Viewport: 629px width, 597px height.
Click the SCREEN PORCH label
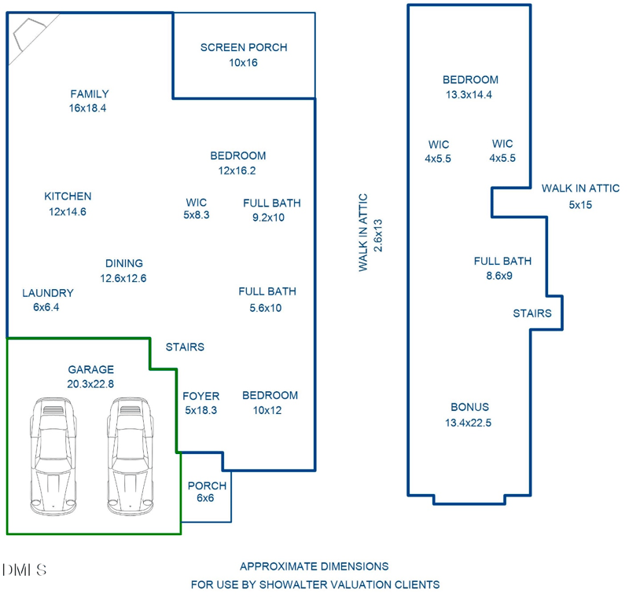244,48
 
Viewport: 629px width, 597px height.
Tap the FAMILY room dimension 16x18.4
87,108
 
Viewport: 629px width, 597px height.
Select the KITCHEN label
68,196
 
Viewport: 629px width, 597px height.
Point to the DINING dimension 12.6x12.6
123,278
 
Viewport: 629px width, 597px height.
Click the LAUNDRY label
48,293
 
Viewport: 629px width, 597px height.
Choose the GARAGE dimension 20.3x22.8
90,384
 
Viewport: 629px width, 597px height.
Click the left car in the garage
53,456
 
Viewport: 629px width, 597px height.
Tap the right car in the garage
131,456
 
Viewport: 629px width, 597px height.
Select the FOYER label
201,396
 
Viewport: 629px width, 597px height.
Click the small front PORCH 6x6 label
207,492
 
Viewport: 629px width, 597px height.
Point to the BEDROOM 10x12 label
270,403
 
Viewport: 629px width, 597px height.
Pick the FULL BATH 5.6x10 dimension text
266,308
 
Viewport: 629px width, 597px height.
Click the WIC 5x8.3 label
197,208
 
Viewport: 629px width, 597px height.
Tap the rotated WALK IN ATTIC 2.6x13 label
370,233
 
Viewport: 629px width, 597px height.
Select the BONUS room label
469,407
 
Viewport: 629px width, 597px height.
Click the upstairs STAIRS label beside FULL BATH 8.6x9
532,313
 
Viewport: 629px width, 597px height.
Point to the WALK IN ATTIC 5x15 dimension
580,205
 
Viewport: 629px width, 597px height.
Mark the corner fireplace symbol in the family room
28,34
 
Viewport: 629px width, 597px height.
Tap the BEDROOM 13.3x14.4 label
470,87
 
